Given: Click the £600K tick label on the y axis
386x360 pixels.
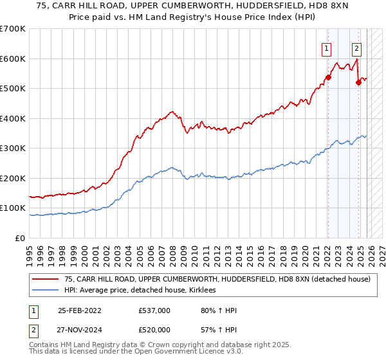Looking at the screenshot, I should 13,59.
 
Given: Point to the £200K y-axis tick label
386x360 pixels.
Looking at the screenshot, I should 13,178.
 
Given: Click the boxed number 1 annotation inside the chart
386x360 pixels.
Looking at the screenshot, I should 327,48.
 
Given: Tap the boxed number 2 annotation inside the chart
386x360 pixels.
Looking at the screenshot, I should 356,48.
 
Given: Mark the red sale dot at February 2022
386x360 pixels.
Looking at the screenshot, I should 327,77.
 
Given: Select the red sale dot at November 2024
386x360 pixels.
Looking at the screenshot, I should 358,82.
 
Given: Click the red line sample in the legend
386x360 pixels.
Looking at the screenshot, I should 45,279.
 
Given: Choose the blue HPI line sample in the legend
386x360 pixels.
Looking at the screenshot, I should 45,291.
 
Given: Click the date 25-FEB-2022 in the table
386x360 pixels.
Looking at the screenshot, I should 80,310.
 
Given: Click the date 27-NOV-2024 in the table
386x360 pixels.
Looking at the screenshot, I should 80,329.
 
